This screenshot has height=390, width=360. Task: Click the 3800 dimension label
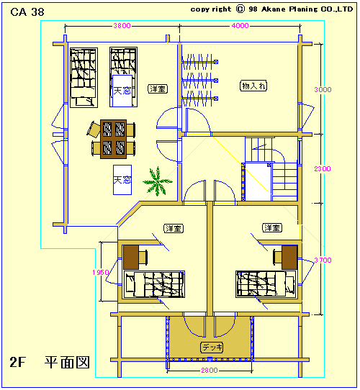122,26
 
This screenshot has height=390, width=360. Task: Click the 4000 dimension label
240,26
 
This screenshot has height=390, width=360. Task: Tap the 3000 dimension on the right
323,89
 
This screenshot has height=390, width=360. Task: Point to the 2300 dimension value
323,169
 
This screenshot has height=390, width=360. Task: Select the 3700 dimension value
323,260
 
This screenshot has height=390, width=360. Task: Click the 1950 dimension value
101,273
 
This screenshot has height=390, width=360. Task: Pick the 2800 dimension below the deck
210,371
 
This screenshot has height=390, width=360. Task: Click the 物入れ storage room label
253,86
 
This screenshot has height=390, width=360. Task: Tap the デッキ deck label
212,348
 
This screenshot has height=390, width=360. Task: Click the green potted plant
158,181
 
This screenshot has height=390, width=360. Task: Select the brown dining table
114,139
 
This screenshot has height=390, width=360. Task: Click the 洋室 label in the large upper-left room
158,89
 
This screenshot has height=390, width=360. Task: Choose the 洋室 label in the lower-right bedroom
272,227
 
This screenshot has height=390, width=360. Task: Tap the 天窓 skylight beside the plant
122,180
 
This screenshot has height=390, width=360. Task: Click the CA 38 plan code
27,12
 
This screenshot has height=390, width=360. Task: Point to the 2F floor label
18,362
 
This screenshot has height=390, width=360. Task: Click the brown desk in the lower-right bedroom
289,257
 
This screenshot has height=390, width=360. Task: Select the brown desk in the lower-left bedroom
131,257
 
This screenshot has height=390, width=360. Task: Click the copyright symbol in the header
240,9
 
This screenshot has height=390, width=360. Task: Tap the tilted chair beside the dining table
94,130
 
